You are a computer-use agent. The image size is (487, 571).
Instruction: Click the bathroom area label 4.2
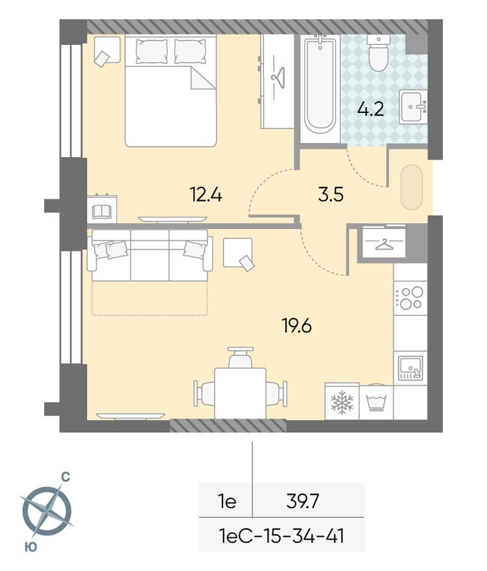[x=371, y=108]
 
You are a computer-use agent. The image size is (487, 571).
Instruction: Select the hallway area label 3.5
[x=331, y=195]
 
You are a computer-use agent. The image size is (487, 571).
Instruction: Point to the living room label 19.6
[x=296, y=326]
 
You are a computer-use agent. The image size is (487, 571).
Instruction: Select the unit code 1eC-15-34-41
[x=281, y=536]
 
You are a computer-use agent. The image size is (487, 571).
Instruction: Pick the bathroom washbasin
[x=412, y=107]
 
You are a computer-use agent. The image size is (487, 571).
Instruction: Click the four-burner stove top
[x=410, y=297]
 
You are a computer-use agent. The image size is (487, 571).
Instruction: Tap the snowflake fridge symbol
[x=341, y=403]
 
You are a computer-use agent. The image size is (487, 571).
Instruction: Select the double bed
[x=170, y=91]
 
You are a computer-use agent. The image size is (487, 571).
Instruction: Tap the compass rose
[x=46, y=511]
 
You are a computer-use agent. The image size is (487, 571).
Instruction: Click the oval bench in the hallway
[x=411, y=188]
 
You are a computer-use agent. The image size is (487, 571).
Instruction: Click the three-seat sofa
[x=150, y=254]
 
